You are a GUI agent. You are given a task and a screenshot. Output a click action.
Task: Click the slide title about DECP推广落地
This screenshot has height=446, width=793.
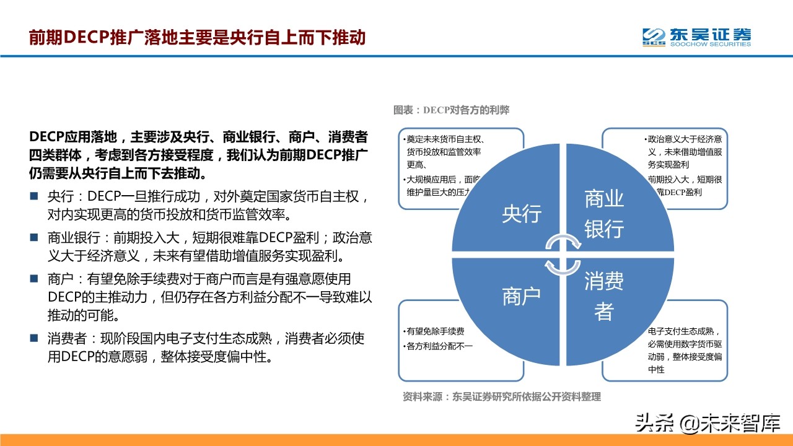click(197, 38)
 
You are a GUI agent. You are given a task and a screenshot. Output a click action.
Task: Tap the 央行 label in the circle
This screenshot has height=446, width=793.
click(522, 214)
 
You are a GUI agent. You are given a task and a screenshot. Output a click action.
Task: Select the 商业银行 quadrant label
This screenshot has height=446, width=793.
click(604, 214)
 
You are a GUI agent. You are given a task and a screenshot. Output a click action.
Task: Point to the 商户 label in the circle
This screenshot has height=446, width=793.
click(522, 297)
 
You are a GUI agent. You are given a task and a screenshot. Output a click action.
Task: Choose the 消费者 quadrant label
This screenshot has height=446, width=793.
click(604, 297)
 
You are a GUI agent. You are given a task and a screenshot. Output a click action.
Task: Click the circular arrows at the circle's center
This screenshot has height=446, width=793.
click(563, 255)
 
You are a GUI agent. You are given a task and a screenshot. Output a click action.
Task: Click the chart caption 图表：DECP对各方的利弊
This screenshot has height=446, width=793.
click(451, 110)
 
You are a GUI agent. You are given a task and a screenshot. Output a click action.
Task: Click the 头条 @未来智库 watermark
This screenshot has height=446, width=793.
click(707, 422)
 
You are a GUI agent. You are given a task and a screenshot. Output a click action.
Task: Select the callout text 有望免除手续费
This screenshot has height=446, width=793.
click(436, 331)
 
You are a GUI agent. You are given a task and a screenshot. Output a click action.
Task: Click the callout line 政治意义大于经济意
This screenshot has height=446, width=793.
click(685, 139)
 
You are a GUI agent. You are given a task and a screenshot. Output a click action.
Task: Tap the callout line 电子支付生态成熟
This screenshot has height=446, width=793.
click(684, 331)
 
